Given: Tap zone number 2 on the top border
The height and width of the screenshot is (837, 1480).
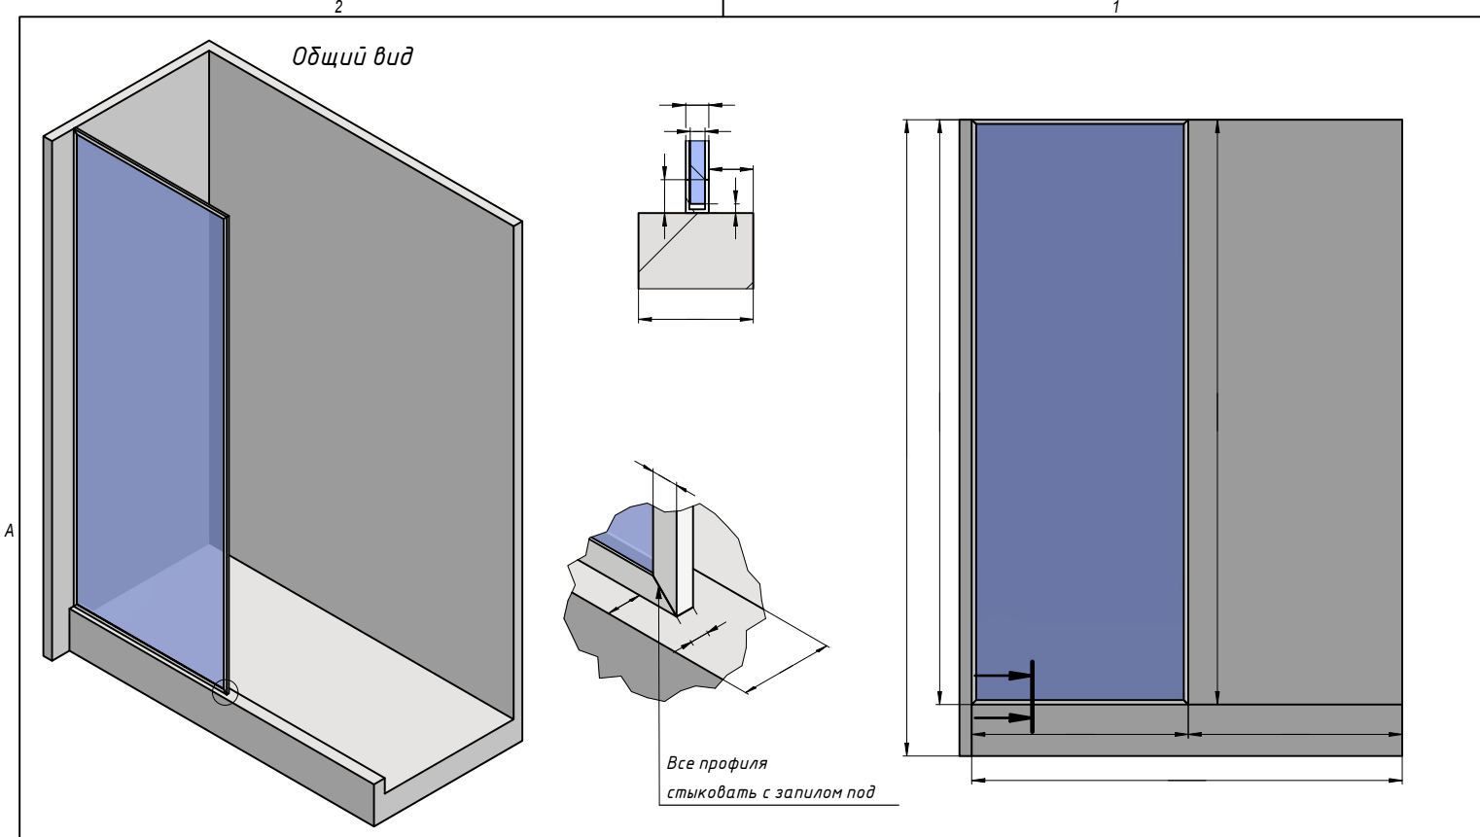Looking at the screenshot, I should pos(338,7).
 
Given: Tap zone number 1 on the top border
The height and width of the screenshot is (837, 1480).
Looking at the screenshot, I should pos(1116,7).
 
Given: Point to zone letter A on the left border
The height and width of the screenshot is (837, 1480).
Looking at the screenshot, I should pos(9,531).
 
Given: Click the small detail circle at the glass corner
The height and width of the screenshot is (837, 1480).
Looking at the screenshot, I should pos(225,692).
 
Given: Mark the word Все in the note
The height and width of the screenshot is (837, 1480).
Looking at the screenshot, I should pos(680,764).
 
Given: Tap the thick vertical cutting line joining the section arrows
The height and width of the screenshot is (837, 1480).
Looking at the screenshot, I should pos(1033,696).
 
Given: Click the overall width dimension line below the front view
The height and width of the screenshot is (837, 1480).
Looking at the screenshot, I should pos(1186,780).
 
